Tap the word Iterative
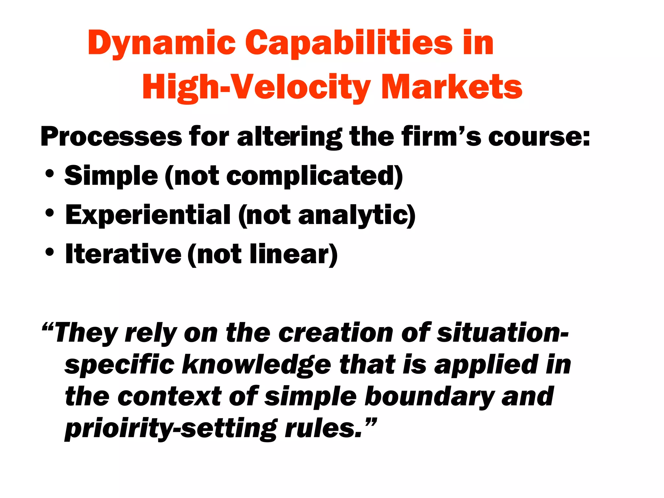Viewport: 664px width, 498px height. click(123, 254)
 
